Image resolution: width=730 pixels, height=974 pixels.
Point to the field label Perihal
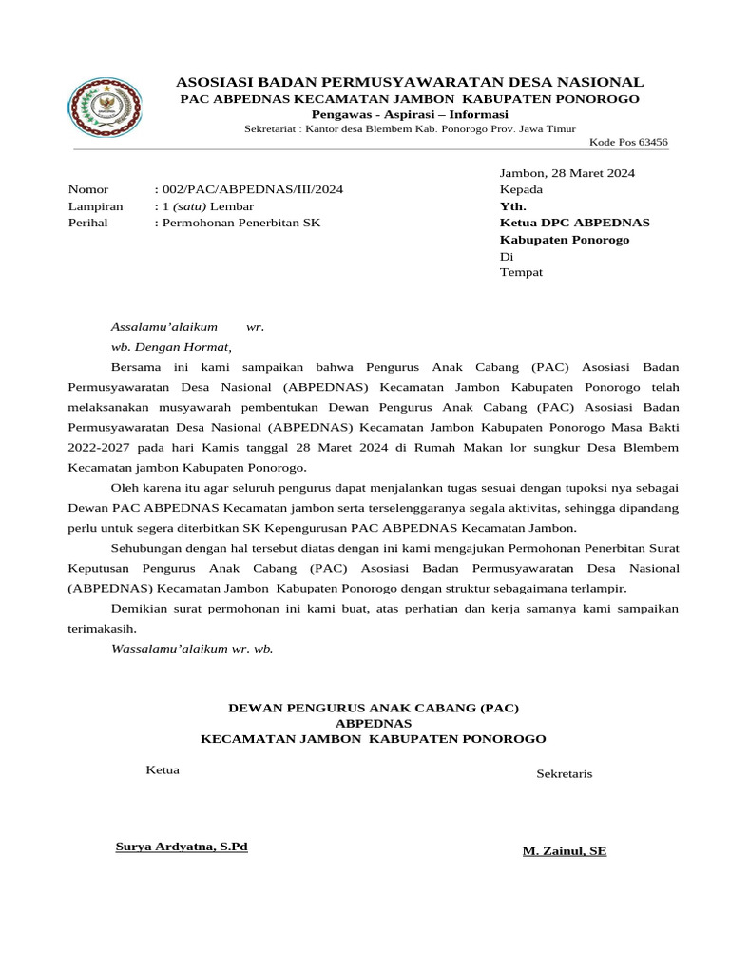(x=88, y=223)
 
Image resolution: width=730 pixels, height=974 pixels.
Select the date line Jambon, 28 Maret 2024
(x=567, y=173)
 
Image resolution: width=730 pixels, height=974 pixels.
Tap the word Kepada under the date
(x=521, y=189)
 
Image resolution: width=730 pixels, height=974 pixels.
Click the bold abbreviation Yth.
(x=512, y=205)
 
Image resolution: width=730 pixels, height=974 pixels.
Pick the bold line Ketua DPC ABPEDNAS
(x=574, y=223)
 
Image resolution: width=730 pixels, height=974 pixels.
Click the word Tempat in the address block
(x=521, y=272)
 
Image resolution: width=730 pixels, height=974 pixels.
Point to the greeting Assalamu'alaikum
(x=164, y=327)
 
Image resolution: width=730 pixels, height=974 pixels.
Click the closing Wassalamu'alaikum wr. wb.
(x=192, y=648)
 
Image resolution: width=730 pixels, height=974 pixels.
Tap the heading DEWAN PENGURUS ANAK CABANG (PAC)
(x=374, y=708)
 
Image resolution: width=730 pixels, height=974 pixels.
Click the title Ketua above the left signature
(x=163, y=769)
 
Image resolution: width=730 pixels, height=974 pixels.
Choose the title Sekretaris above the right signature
(x=564, y=773)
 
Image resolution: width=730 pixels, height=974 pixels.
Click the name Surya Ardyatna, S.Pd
(x=181, y=847)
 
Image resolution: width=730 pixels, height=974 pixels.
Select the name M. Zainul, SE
(x=564, y=851)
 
